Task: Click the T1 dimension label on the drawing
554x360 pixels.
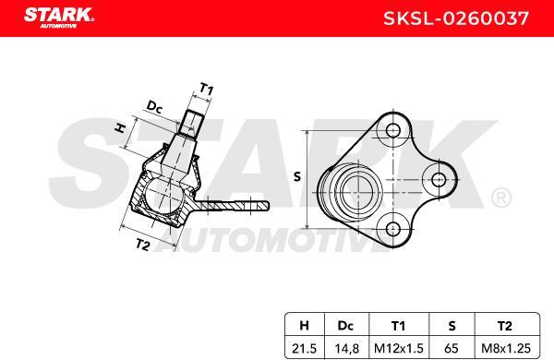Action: (207, 90)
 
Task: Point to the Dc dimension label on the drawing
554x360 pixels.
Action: (154, 108)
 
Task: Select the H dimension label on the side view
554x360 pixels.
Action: (119, 129)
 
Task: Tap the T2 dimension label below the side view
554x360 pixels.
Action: (142, 245)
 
